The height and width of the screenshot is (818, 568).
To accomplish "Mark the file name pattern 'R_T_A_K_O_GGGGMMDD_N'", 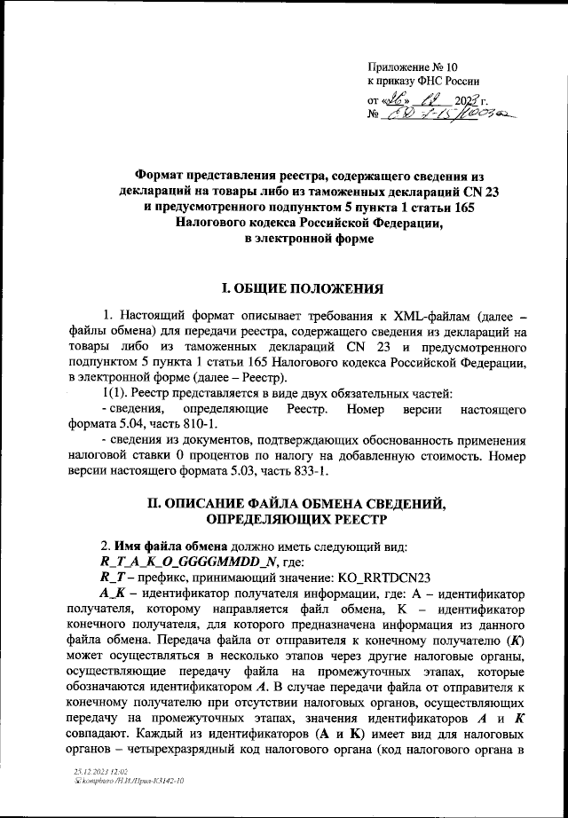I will [191, 563].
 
